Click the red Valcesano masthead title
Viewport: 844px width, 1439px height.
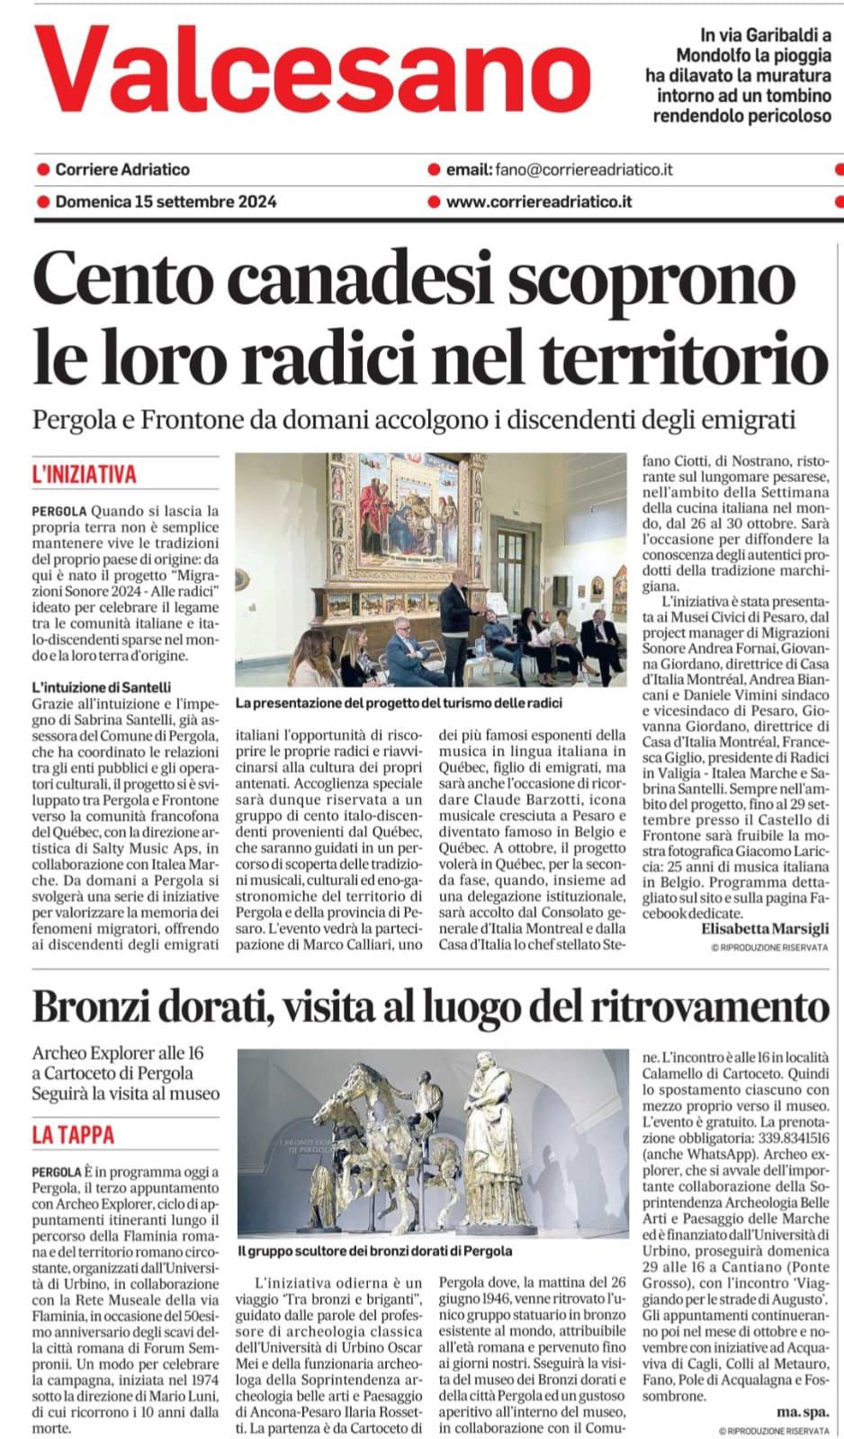coord(310,70)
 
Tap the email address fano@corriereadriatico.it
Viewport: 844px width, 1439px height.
coord(583,169)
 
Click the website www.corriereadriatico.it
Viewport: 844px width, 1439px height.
coord(538,201)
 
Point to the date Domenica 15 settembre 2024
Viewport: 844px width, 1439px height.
coord(166,201)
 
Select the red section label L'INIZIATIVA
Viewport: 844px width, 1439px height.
coord(84,474)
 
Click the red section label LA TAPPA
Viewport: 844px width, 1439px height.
coord(73,1134)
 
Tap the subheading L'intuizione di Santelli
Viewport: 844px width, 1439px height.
coord(101,687)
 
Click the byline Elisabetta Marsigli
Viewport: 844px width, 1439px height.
coord(765,929)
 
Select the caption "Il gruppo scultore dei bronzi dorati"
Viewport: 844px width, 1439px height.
coord(375,1250)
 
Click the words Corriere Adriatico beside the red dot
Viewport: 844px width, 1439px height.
coord(122,169)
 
